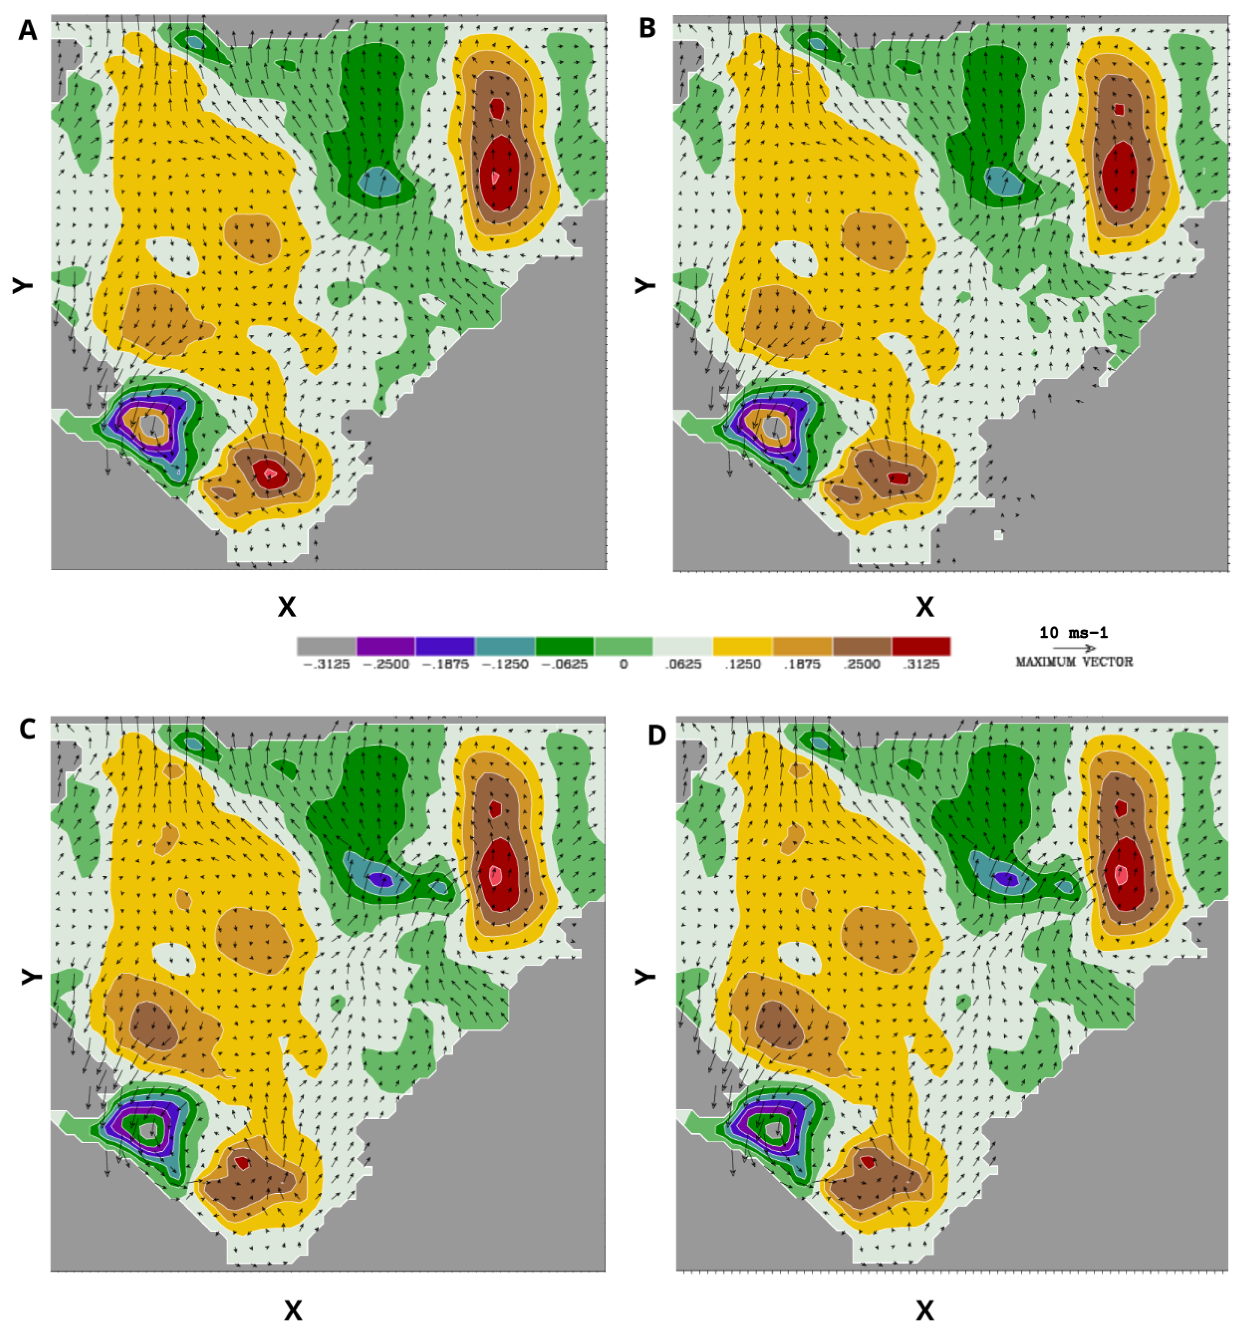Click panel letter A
(x=27, y=30)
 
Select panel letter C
(x=27, y=730)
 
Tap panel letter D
(x=657, y=735)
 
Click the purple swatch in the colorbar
(x=386, y=646)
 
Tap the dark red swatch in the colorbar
(x=921, y=646)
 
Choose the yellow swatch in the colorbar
(x=742, y=646)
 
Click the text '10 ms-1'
(x=1074, y=632)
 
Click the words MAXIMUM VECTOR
(x=1074, y=662)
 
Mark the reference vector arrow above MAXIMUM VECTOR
(x=1074, y=648)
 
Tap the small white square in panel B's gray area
(x=998, y=534)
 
